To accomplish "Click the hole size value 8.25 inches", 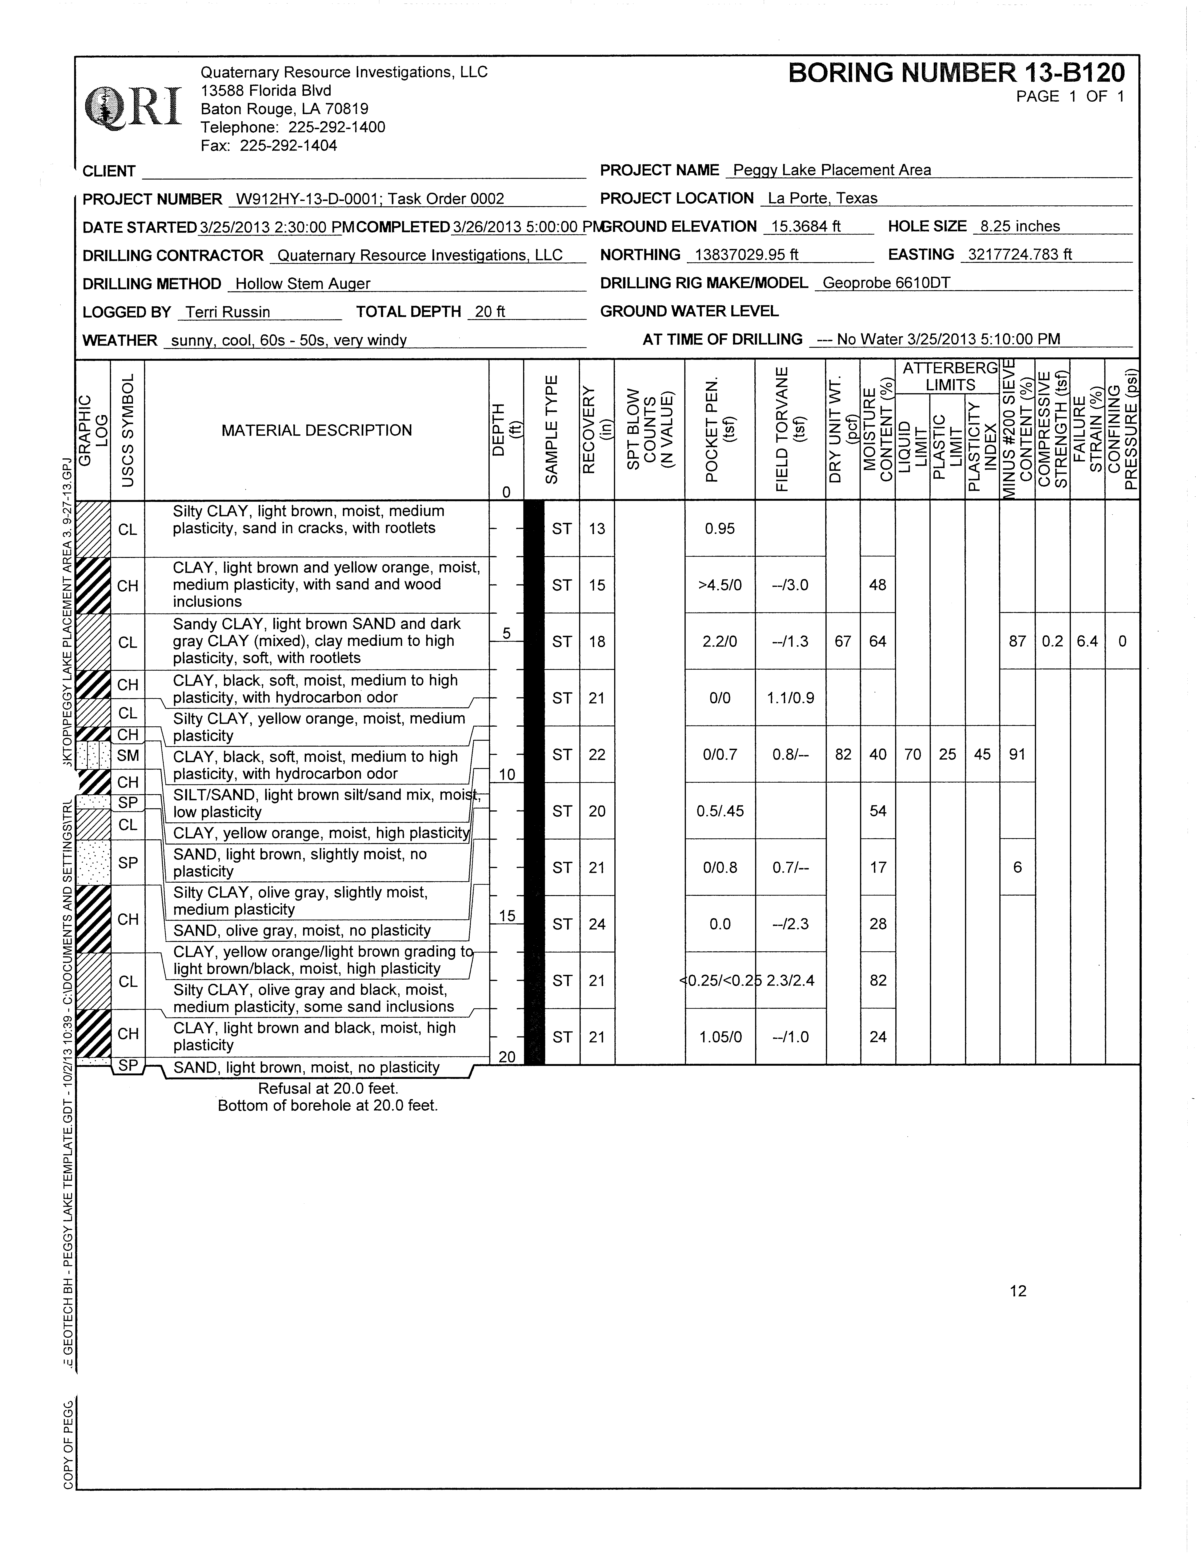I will pos(1019,227).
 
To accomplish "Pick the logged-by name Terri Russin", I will pos(228,312).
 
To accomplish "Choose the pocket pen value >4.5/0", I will pos(720,585).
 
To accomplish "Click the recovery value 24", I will pos(596,924).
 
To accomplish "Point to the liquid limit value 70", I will pos(912,754).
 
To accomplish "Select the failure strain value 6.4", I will pos(1086,641).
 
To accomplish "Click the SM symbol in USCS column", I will pos(128,756).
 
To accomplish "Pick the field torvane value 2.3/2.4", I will pos(790,981).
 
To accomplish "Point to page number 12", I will pos(1017,1291).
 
